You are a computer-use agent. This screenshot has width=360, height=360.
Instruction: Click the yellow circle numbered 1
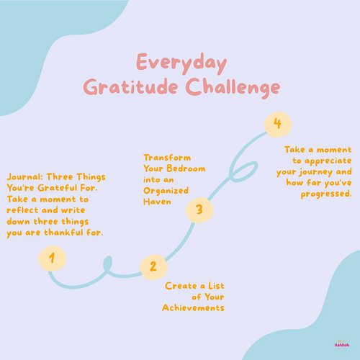click(x=52, y=257)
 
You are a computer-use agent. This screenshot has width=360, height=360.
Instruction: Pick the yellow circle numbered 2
click(x=153, y=266)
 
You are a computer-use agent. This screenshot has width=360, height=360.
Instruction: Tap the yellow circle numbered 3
click(x=199, y=211)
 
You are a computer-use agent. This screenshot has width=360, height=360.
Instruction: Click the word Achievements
click(x=193, y=307)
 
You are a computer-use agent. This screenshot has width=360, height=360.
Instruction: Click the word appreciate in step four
click(x=325, y=161)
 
